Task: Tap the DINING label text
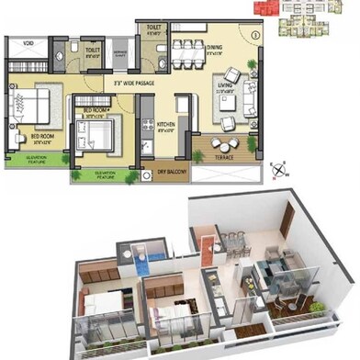tap(215, 47)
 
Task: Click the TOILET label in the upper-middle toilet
tap(93, 51)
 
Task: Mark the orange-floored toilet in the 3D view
tap(208, 246)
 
